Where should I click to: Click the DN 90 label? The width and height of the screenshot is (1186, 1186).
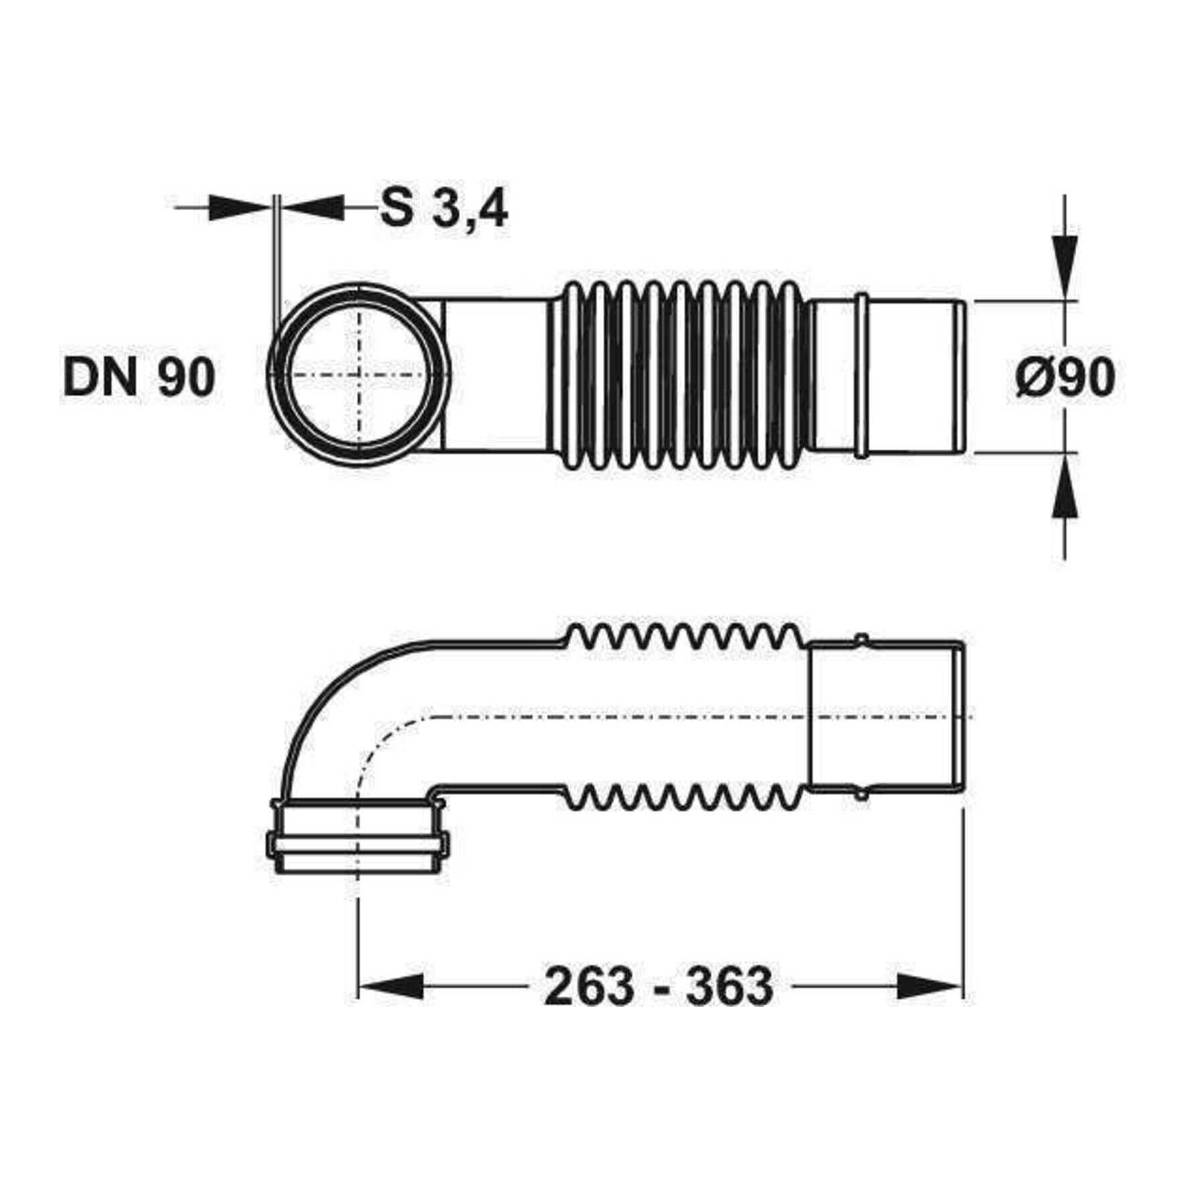tap(139, 377)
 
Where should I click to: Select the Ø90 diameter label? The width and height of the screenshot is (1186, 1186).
tap(1066, 378)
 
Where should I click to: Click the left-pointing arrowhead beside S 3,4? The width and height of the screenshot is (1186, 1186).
tap(313, 207)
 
